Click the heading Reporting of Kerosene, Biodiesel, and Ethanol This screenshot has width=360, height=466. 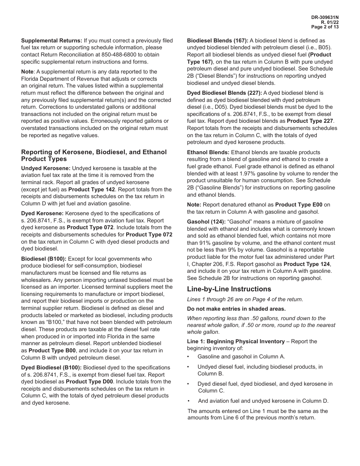[94, 152]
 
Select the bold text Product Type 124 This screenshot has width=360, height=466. [307, 264]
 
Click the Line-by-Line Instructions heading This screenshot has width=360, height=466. [229, 289]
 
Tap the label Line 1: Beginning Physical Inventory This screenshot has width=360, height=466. [236, 341]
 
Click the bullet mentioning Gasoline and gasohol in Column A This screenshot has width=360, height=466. [241, 357]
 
